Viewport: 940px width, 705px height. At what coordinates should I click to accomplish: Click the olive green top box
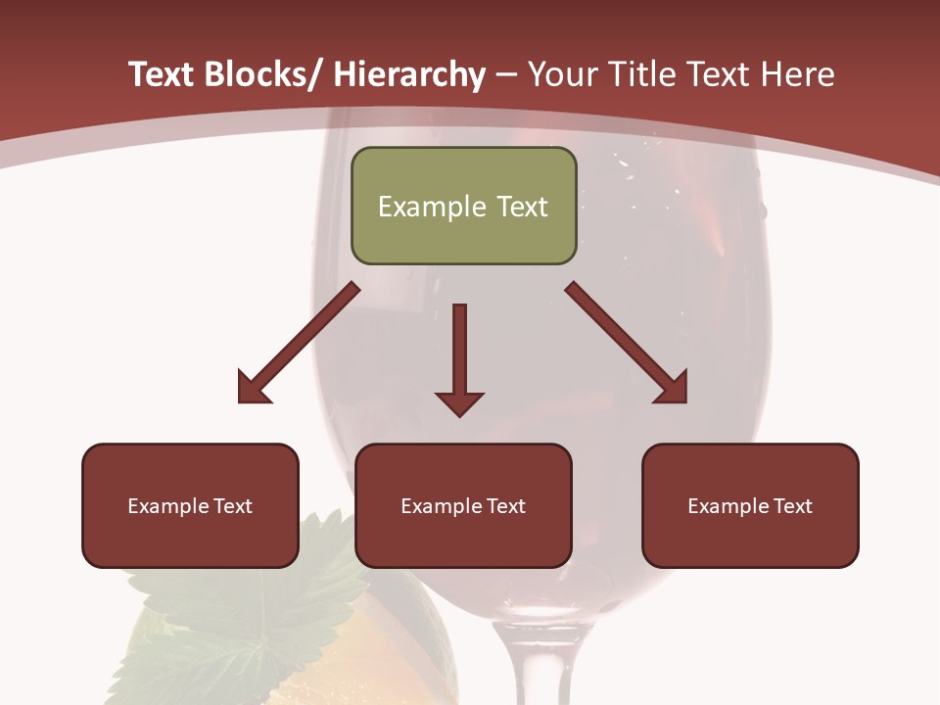point(463,206)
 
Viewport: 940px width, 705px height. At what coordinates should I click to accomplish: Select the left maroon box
point(190,505)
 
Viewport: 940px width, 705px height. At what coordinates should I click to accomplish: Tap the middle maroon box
point(463,505)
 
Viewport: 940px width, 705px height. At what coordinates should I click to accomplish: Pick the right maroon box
point(750,505)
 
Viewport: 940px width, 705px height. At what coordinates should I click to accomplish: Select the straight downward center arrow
point(459,358)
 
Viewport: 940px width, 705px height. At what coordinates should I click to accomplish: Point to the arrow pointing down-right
point(628,344)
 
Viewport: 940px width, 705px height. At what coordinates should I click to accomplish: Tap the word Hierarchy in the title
point(409,75)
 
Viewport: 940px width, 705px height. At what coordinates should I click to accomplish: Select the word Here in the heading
point(798,75)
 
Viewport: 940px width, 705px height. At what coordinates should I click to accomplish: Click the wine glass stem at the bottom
point(530,666)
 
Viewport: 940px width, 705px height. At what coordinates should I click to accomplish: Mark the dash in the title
point(506,75)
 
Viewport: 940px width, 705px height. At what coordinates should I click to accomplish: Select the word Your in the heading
point(562,75)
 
